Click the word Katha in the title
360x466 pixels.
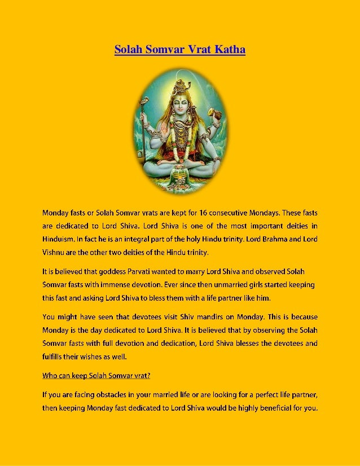click(230, 50)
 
